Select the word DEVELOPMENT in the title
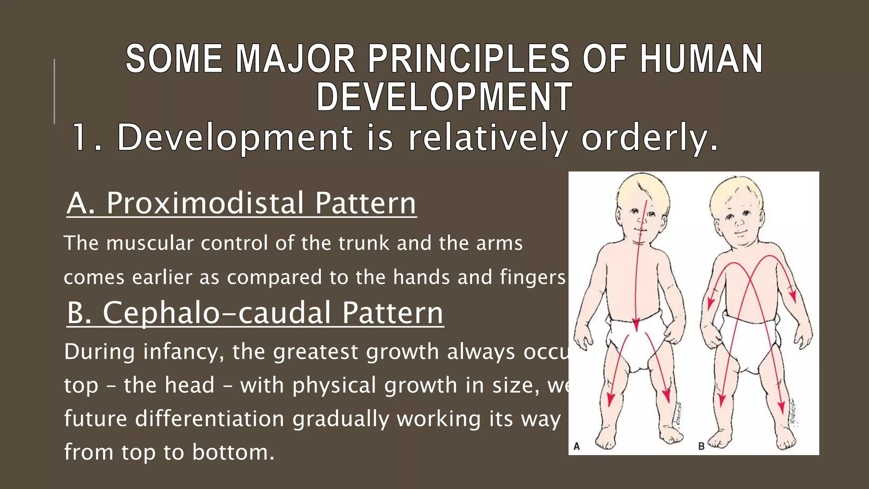[444, 97]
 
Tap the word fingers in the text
[533, 277]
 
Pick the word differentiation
[210, 419]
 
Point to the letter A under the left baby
[577, 446]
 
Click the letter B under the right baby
[701, 446]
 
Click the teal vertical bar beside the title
[54, 91]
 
